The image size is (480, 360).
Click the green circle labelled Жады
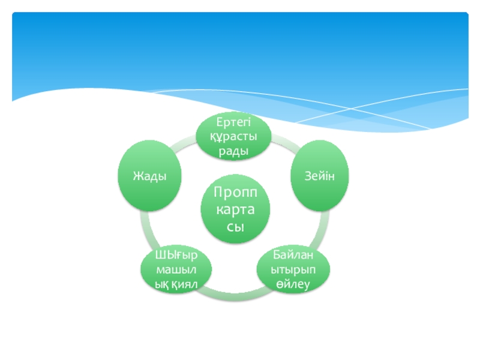(149, 175)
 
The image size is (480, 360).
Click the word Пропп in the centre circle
(235, 193)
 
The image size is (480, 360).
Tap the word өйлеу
(293, 283)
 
